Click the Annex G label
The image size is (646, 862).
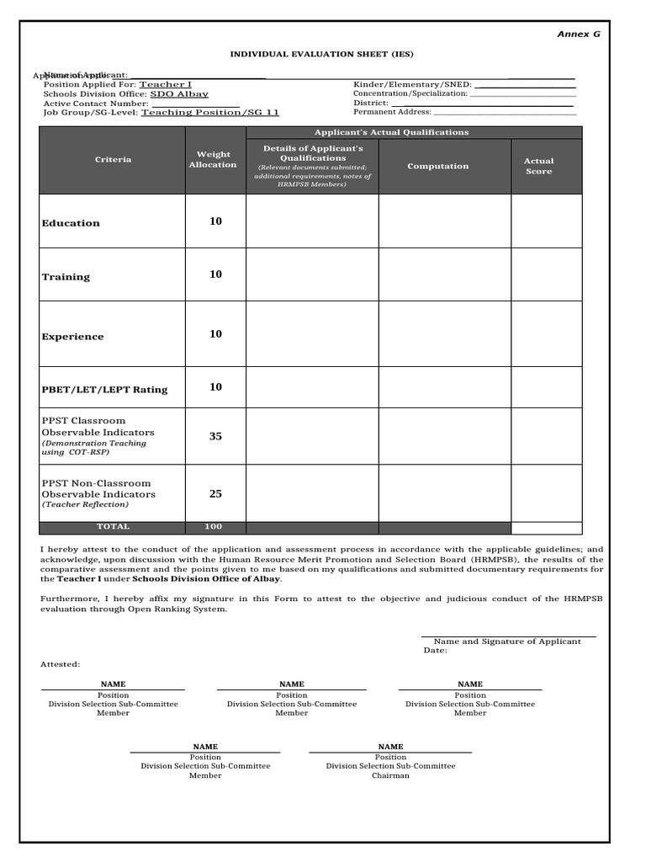(579, 35)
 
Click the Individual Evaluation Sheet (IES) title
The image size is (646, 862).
(322, 54)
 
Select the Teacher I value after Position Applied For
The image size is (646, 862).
(165, 85)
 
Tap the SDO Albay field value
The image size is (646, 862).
(179, 94)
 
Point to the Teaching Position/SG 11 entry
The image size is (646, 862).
(209, 112)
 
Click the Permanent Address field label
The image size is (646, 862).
(392, 112)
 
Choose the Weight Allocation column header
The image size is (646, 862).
(213, 160)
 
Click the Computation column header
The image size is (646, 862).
(437, 167)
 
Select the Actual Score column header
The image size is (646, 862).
(538, 166)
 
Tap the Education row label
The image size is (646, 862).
(71, 223)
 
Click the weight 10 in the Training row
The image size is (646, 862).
(215, 274)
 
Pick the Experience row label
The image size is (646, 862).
(73, 337)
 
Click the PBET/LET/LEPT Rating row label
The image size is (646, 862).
(104, 390)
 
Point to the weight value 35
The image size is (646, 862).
(215, 436)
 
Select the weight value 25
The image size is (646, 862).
(215, 494)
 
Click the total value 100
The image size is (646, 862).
(213, 527)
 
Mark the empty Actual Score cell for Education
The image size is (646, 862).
(546, 221)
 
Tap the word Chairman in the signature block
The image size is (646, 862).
(390, 775)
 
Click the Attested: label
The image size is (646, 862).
(61, 664)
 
